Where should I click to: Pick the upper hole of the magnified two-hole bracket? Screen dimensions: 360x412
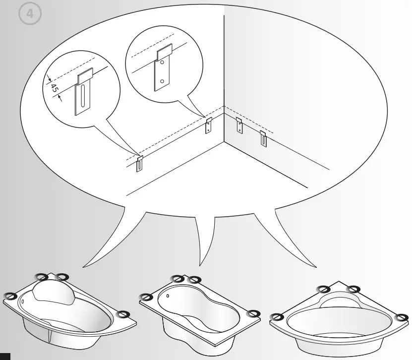tap(162, 64)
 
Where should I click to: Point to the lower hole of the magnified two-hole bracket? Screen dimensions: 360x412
tap(162, 81)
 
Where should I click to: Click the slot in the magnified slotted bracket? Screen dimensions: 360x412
tap(84, 98)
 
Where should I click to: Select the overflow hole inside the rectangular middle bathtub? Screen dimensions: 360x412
tap(169, 298)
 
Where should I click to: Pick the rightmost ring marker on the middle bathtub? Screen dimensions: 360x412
tap(254, 313)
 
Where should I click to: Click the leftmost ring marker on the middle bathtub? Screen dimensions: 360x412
tap(146, 297)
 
